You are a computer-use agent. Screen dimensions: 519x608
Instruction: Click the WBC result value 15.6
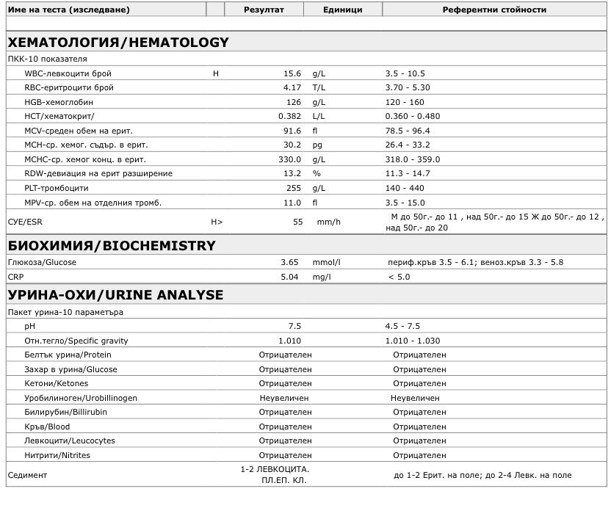(292, 73)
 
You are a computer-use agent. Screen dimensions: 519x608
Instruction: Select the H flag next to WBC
(215, 73)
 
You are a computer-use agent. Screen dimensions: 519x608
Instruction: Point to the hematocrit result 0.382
(289, 116)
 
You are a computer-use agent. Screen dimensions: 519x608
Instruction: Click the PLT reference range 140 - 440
(405, 188)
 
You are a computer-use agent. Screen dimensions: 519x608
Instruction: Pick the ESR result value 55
(297, 221)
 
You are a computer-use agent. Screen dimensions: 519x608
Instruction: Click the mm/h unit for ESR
(328, 221)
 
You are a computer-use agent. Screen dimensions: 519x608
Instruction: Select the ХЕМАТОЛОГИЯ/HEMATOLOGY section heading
(117, 43)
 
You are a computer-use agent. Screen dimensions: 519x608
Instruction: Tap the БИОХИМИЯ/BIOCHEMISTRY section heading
(111, 245)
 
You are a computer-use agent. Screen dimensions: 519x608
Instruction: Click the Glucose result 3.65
(289, 262)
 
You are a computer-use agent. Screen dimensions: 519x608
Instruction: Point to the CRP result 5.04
(289, 277)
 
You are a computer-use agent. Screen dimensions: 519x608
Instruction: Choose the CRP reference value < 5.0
(399, 277)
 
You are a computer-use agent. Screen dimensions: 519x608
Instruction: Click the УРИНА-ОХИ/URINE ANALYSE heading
(115, 295)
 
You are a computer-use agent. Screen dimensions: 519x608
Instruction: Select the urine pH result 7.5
(294, 326)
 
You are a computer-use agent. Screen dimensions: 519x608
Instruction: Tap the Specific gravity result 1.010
(289, 341)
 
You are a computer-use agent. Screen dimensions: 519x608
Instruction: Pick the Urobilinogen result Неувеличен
(284, 398)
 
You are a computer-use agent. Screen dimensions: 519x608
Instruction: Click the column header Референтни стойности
(494, 10)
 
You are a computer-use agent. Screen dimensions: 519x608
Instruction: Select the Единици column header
(343, 10)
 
